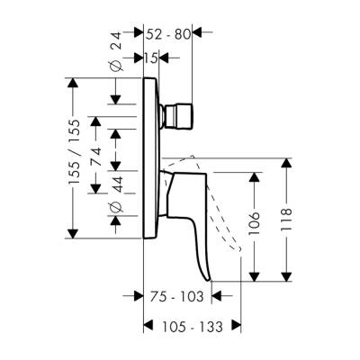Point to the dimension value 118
287,220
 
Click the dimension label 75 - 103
178,294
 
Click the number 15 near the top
150,58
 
